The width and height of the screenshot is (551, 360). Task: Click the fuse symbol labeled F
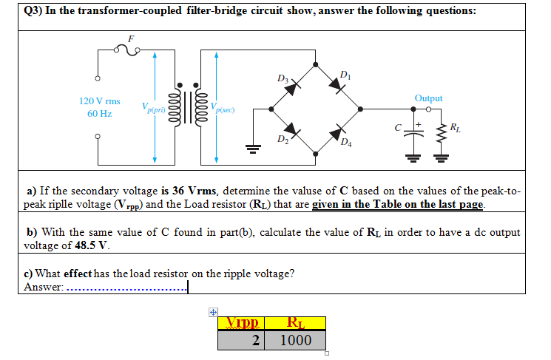[x=132, y=50]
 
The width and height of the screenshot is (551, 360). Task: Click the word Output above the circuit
[x=429, y=98]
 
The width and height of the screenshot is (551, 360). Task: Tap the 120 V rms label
[x=99, y=100]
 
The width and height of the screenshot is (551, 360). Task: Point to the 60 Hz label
[x=99, y=114]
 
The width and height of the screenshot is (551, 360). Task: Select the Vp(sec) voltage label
[x=223, y=109]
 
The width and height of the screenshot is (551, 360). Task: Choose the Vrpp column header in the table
[x=245, y=323]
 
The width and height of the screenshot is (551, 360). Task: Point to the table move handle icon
[x=212, y=313]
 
